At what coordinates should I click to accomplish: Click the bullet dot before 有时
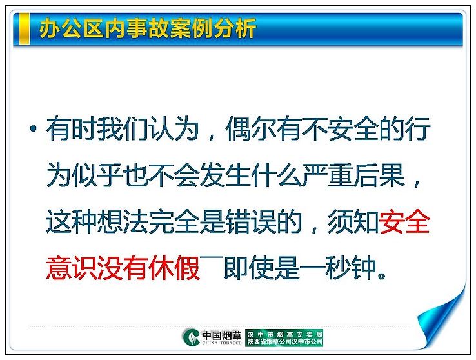(34, 128)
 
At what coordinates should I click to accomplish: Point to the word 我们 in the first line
(123, 128)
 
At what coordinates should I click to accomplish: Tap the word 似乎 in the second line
(97, 175)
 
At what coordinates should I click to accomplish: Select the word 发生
(225, 175)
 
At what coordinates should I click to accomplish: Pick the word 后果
(379, 175)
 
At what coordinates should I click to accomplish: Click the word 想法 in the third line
(123, 221)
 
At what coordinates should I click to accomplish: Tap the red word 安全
(404, 221)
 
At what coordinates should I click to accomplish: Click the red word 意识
(72, 268)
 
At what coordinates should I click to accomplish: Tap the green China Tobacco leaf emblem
(191, 337)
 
